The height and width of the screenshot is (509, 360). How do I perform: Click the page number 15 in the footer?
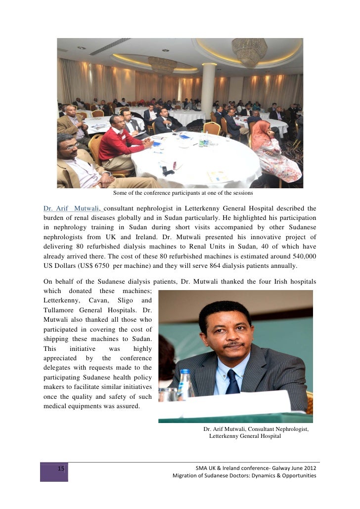point(61,468)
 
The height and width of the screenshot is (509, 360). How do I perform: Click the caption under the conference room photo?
point(183,193)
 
